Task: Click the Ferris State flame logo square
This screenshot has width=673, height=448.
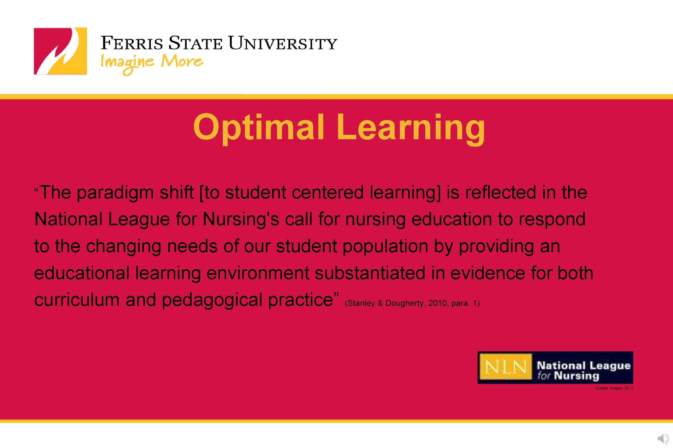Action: point(60,51)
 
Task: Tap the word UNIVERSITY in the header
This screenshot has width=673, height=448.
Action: point(283,44)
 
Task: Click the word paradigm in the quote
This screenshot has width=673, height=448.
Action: point(115,193)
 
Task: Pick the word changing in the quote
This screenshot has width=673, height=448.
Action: point(124,247)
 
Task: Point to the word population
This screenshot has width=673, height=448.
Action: point(385,247)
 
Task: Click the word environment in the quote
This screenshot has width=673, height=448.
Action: point(258,273)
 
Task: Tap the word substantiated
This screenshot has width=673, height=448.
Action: point(370,273)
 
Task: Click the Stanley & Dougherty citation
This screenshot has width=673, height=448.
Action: point(412,303)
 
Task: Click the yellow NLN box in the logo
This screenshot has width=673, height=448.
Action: point(506,367)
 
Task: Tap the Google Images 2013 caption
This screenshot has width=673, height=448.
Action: point(614,388)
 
